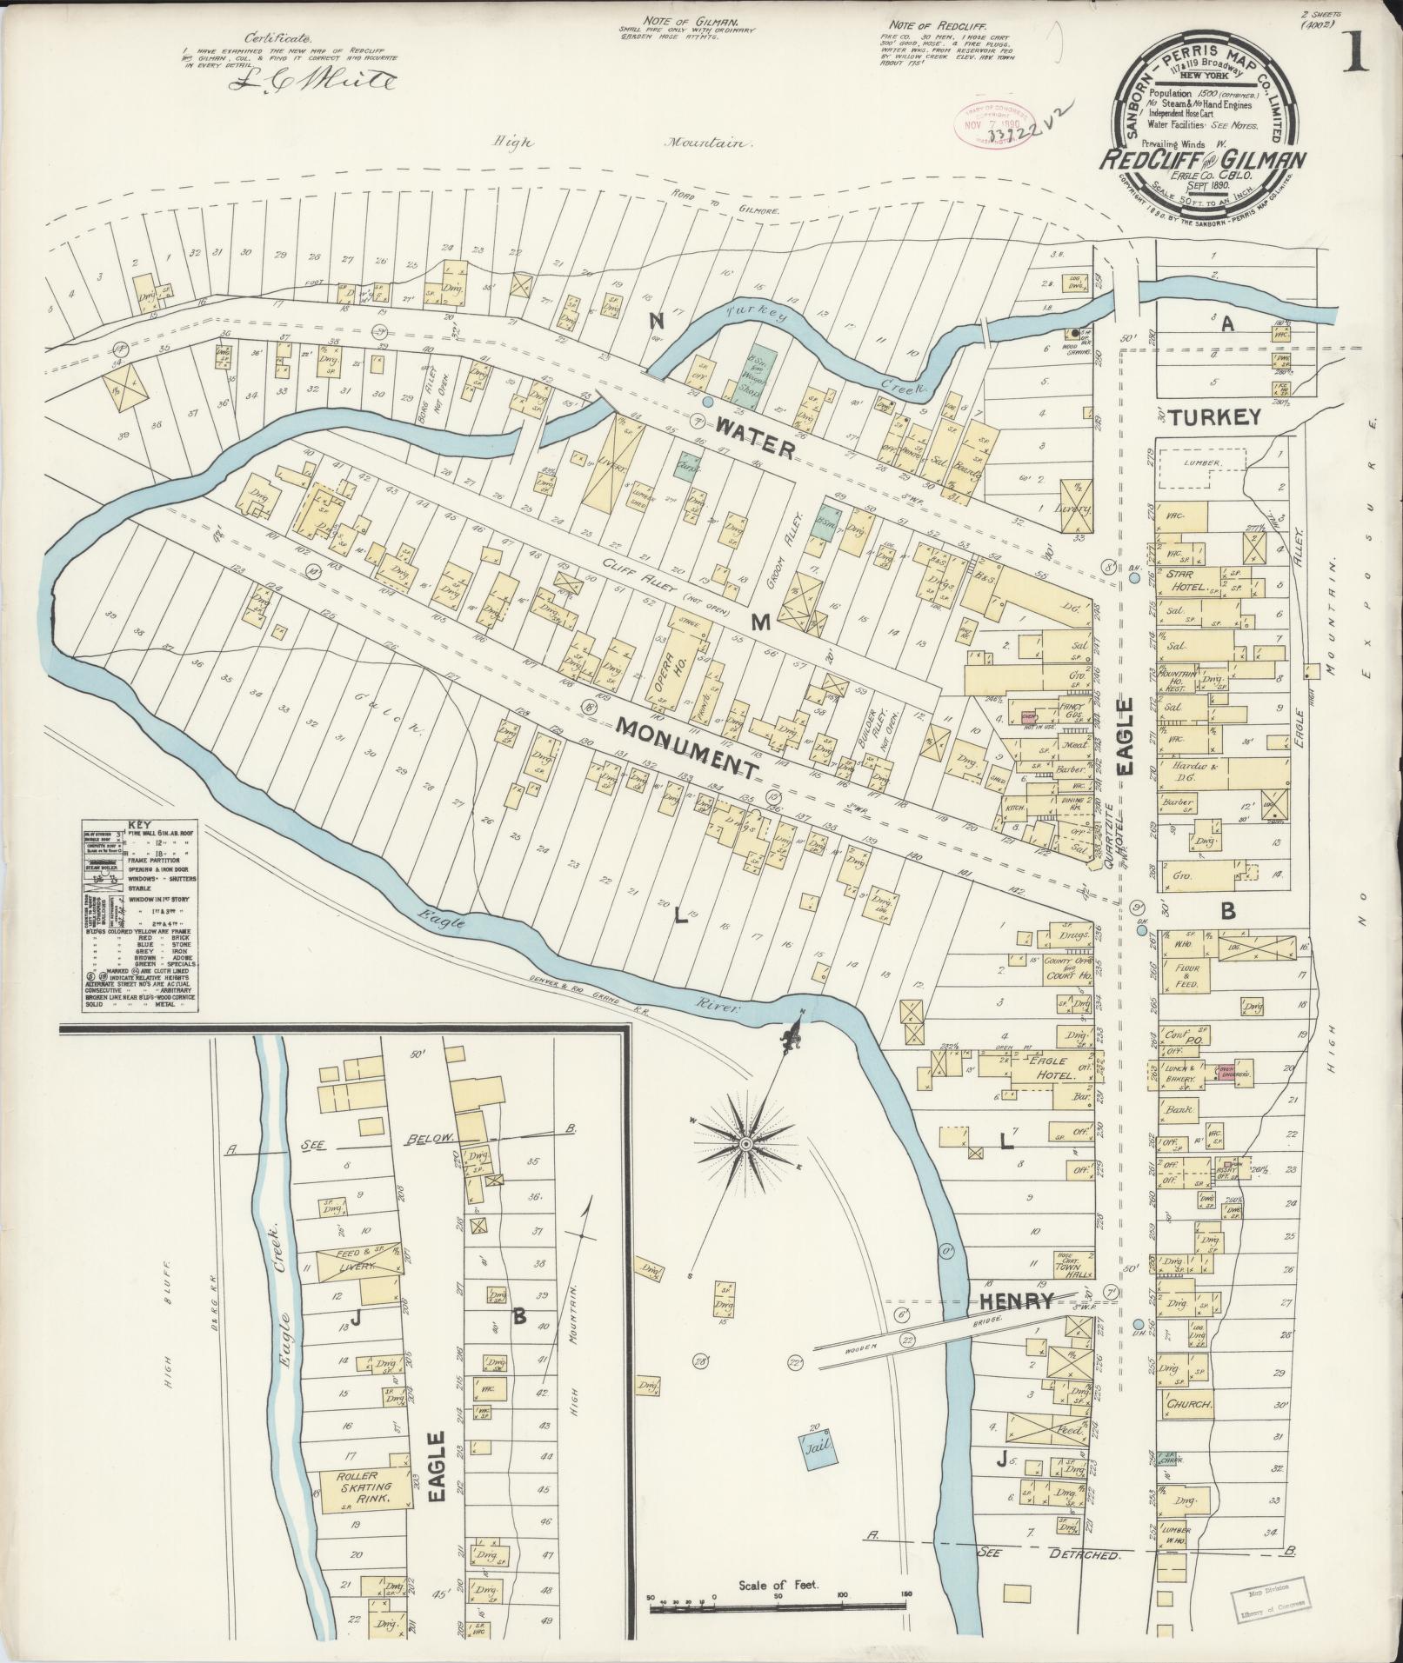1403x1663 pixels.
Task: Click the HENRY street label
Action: (1017, 1301)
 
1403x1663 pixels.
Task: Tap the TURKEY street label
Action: (1215, 417)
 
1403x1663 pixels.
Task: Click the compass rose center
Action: (745, 1142)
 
